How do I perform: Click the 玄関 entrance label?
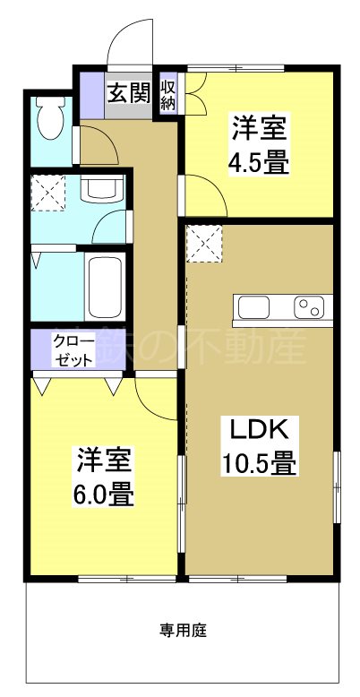point(128,93)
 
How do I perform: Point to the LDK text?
point(260,431)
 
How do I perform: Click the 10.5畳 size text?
point(260,465)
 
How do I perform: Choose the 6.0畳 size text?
point(104,495)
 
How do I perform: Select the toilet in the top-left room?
point(48,116)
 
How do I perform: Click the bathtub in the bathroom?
point(104,287)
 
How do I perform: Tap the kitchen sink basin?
point(253,308)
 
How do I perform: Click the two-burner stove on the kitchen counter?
point(311,308)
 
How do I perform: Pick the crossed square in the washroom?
point(47,190)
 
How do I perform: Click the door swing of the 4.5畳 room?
point(204,194)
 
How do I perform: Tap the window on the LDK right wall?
point(338,486)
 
